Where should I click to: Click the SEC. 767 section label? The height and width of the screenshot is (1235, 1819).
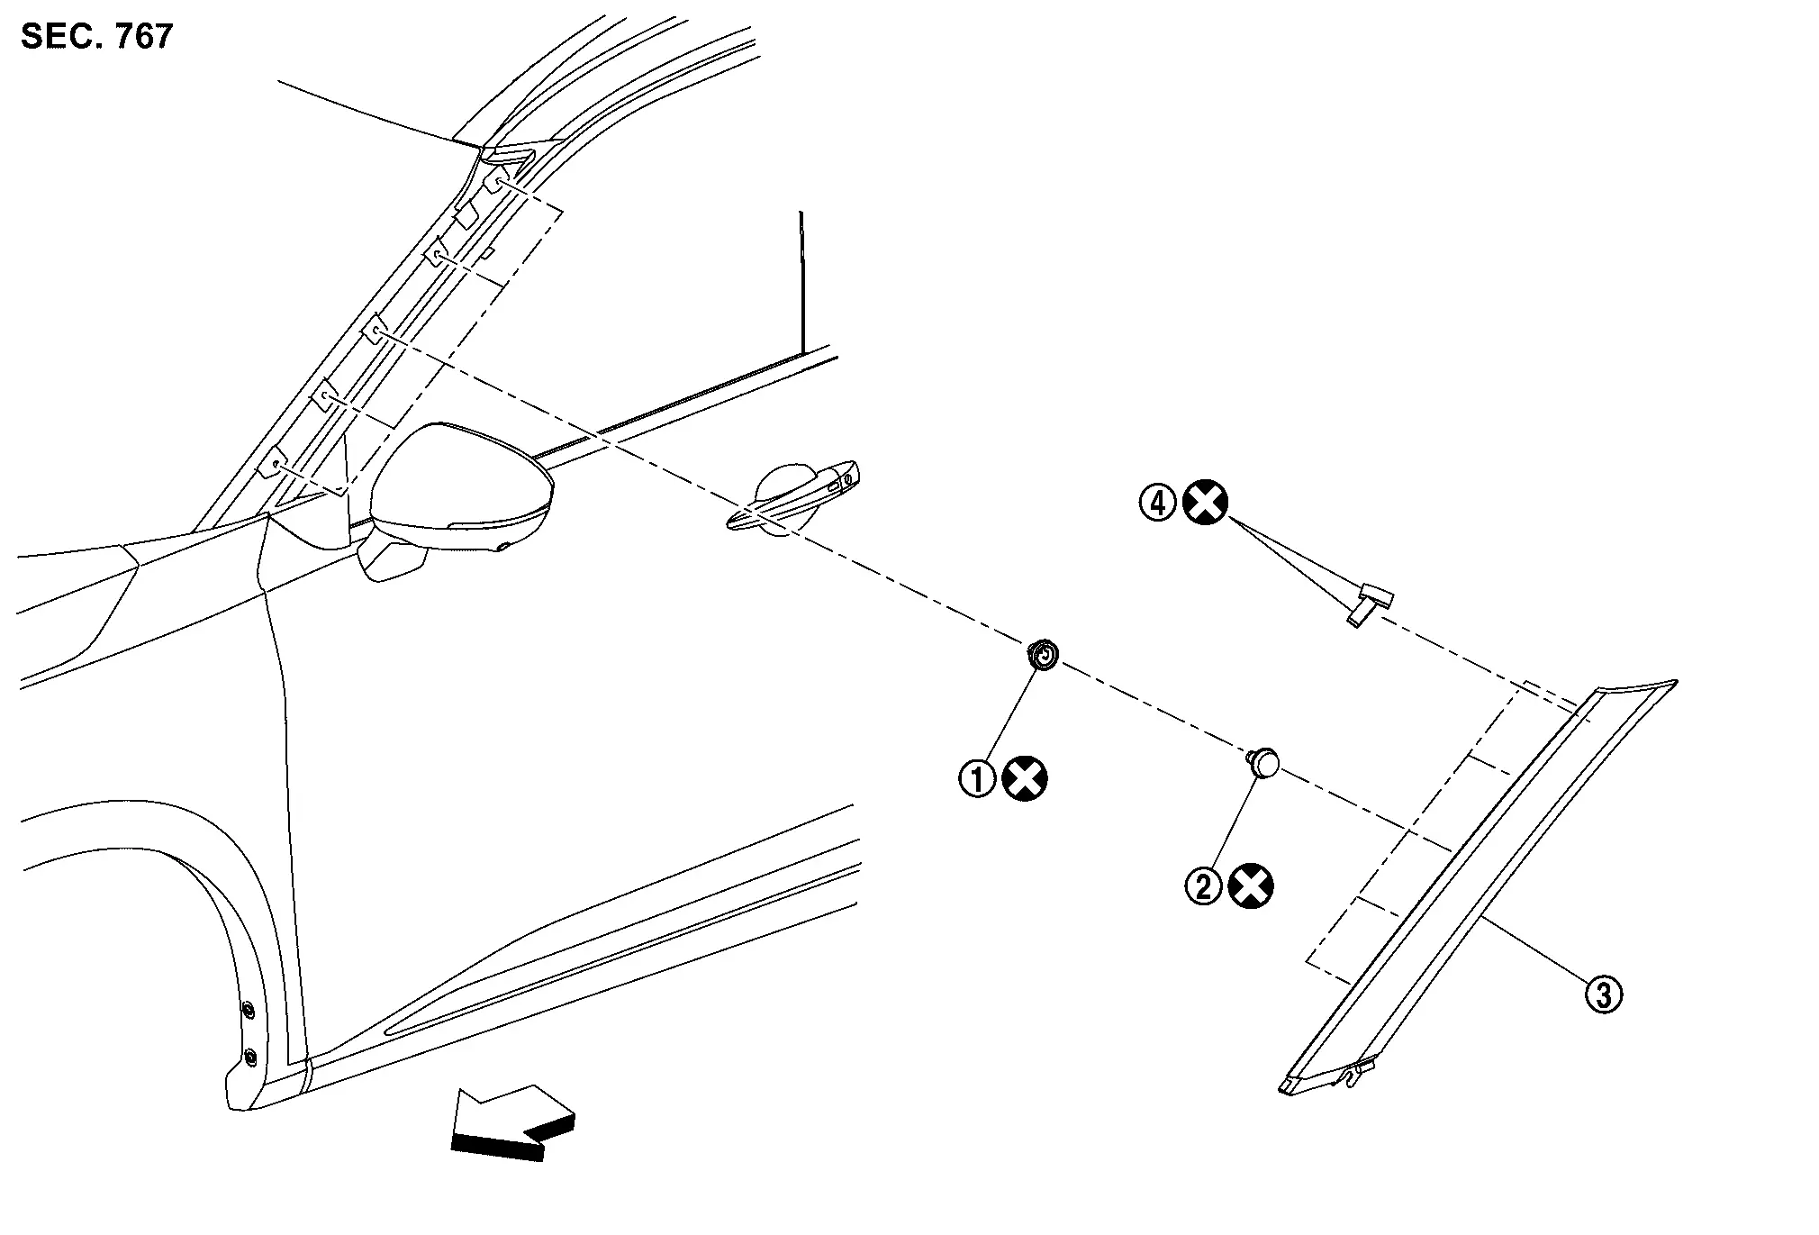tap(96, 36)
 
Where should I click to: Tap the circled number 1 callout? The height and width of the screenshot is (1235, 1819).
tap(977, 778)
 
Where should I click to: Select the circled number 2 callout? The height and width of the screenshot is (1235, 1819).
tap(1203, 886)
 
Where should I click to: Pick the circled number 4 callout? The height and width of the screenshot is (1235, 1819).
tap(1158, 502)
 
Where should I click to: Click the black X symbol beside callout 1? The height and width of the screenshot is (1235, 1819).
tap(1025, 778)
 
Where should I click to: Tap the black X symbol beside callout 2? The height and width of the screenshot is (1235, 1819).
tap(1251, 886)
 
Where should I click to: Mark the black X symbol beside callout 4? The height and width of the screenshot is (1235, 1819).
tap(1205, 502)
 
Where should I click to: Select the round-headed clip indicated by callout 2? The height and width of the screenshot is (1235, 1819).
tap(1263, 762)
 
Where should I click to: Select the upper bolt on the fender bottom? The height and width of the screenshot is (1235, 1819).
tap(248, 1009)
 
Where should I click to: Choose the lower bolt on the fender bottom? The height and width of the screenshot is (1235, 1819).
tap(249, 1055)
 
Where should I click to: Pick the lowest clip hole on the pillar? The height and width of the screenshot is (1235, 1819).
tap(273, 462)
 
